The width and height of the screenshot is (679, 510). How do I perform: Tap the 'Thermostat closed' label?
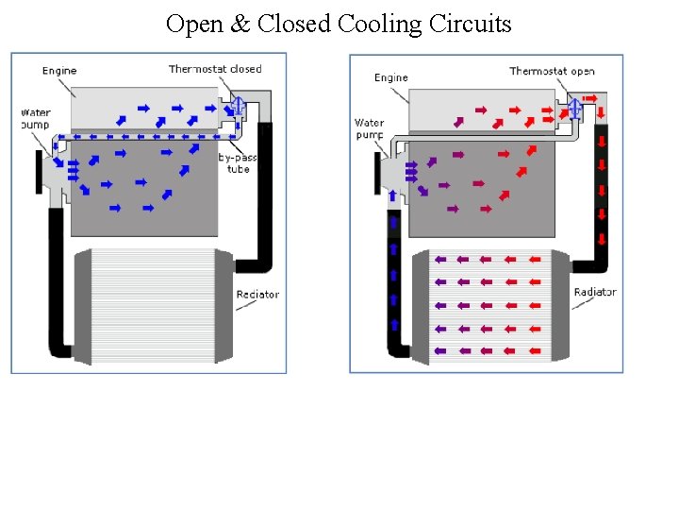(x=215, y=69)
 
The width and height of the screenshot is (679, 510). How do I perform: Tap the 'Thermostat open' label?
(x=553, y=71)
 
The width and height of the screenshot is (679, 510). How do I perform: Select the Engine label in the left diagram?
(x=59, y=71)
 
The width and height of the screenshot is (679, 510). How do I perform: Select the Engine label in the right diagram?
(x=390, y=77)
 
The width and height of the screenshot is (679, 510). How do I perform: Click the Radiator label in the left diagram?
(x=257, y=295)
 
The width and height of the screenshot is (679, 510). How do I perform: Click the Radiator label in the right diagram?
(x=595, y=292)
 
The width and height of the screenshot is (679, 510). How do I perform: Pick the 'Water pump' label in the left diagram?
(x=36, y=119)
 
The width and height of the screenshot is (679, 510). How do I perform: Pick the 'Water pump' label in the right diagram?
(x=370, y=128)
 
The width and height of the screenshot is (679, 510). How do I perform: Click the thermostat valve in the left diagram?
(x=239, y=106)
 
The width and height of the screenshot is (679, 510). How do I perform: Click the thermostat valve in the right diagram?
(x=574, y=110)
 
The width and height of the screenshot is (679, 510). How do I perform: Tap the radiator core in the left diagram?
(x=154, y=305)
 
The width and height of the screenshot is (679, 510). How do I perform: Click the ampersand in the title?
(x=240, y=24)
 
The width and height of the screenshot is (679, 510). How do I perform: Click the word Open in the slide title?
(x=195, y=24)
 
